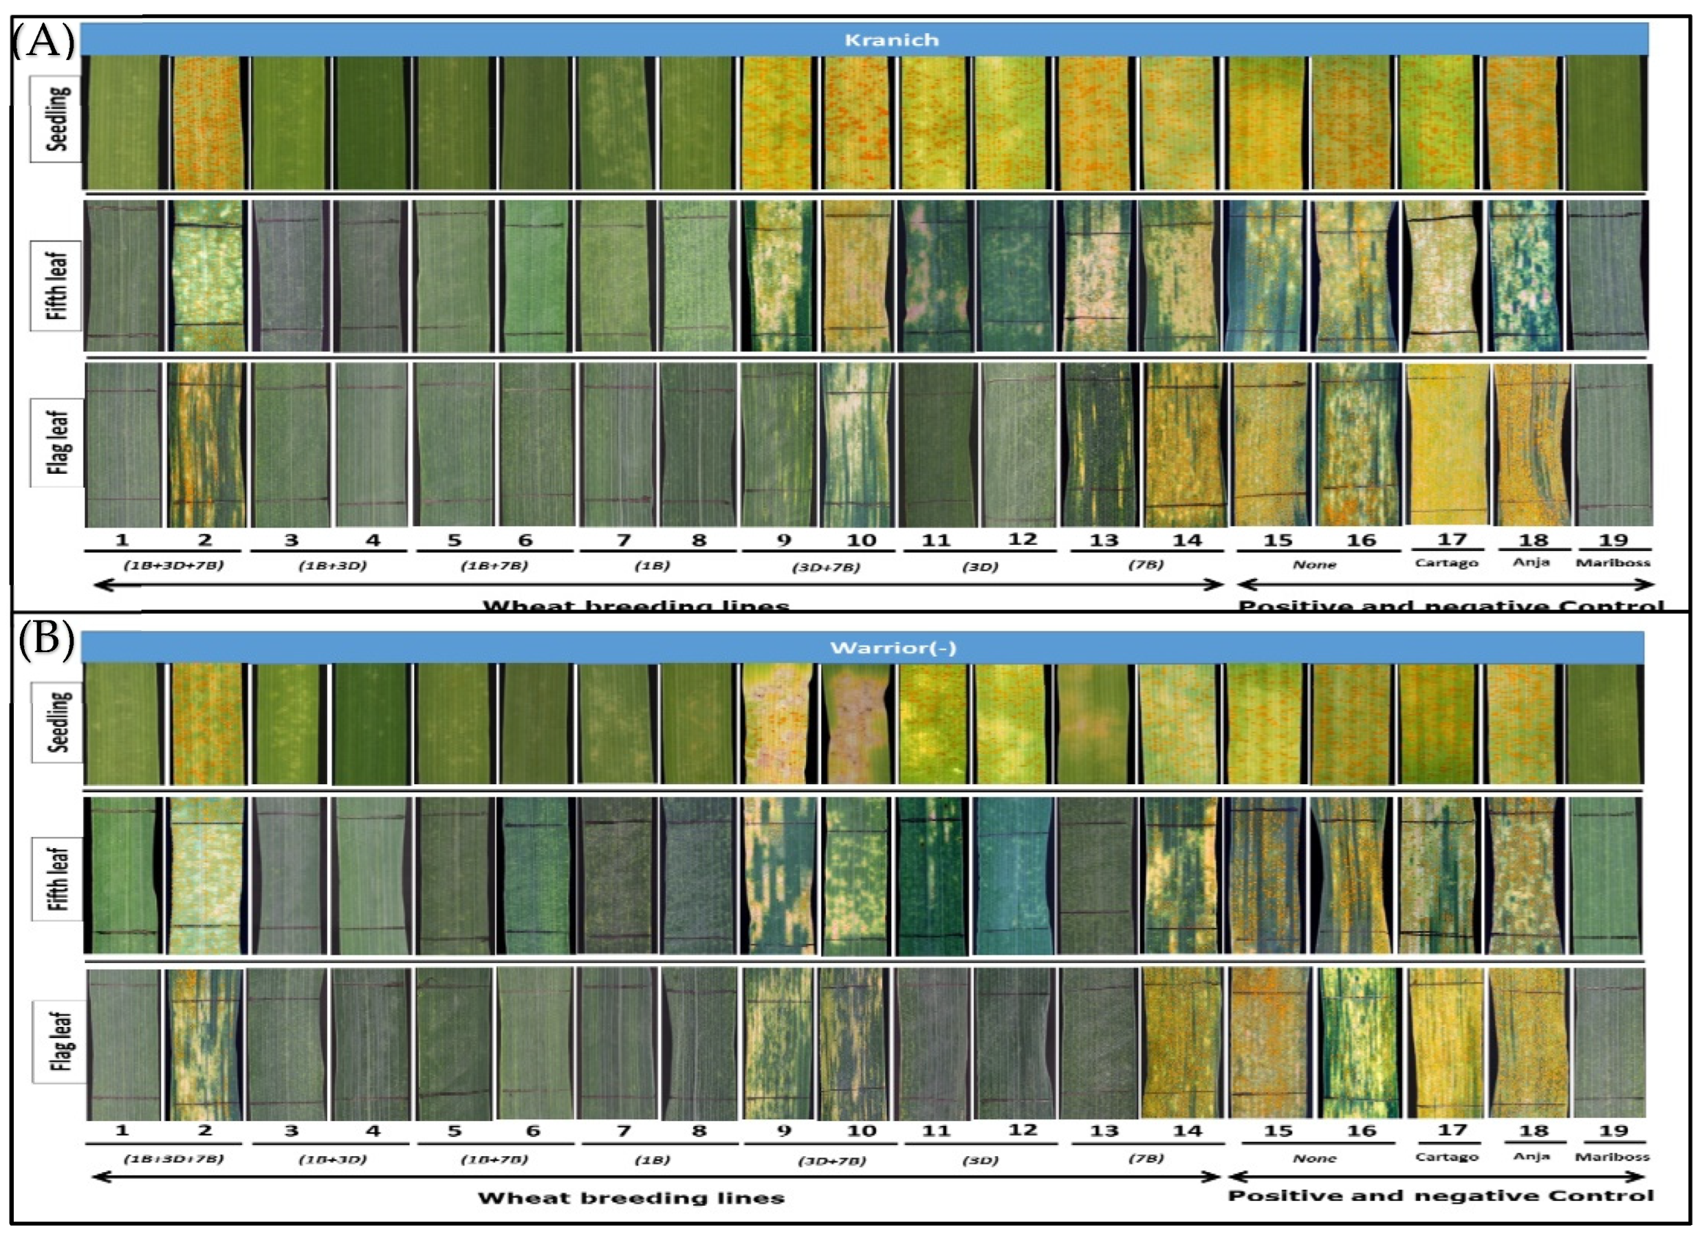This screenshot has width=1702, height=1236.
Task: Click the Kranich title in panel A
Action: tap(891, 40)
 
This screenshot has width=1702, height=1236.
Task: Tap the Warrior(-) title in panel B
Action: tap(893, 647)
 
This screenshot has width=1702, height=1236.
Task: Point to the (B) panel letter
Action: tap(46, 640)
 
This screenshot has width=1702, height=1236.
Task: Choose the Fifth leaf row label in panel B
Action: tap(58, 878)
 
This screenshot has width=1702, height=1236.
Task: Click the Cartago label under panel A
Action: tap(1446, 562)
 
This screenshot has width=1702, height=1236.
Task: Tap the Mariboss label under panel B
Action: tap(1612, 1156)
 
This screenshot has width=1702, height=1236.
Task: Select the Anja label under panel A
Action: tap(1531, 562)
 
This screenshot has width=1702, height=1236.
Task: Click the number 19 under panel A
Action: tap(1613, 539)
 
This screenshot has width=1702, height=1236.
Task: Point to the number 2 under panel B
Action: tap(204, 1130)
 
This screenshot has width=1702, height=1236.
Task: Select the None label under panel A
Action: tap(1314, 564)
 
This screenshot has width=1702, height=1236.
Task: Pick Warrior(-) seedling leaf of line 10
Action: tap(857, 724)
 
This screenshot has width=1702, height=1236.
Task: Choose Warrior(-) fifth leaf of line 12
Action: tap(1013, 875)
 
